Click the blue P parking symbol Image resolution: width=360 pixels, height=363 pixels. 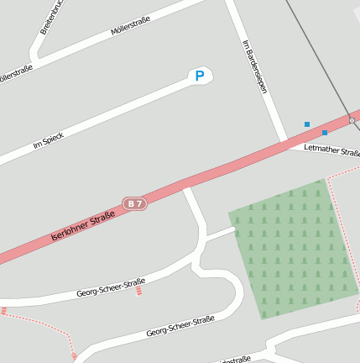[199, 76]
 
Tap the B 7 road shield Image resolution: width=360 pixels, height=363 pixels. [134, 203]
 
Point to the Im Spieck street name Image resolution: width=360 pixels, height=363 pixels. [48, 140]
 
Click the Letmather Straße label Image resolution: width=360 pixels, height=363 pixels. [331, 151]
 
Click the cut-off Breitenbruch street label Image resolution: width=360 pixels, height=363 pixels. [50, 17]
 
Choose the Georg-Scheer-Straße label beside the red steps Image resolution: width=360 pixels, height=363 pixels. [110, 287]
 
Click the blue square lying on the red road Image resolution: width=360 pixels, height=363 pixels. [325, 132]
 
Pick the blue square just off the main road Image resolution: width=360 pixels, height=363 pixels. [307, 124]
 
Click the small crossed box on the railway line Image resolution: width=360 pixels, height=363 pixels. [352, 120]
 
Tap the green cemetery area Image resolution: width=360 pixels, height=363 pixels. [294, 248]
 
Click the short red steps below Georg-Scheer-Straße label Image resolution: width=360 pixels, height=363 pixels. [138, 292]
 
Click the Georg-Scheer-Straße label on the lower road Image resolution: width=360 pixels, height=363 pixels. [180, 326]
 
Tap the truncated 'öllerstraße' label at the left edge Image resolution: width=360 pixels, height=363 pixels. [15, 74]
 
